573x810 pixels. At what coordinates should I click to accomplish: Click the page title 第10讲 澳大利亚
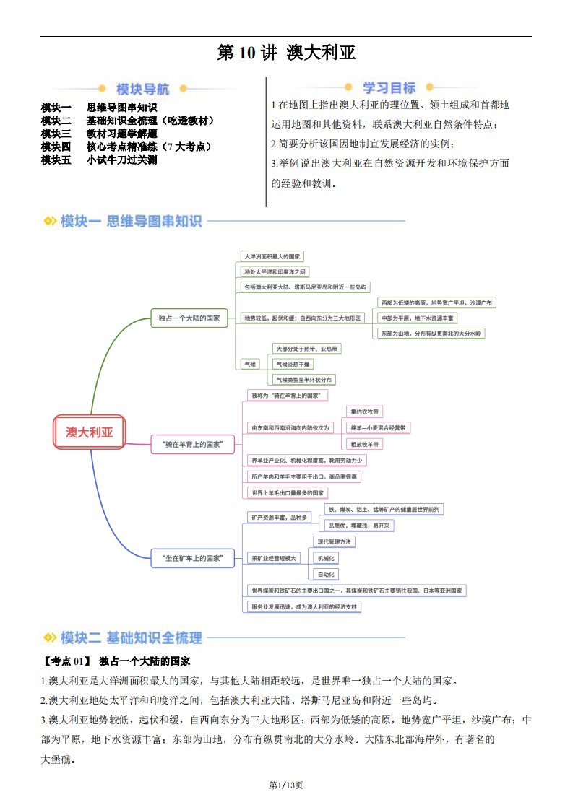[286, 54]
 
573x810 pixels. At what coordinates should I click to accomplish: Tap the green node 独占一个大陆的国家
[189, 318]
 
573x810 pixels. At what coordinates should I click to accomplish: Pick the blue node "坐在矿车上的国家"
[193, 558]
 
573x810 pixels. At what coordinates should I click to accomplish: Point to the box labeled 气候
[249, 364]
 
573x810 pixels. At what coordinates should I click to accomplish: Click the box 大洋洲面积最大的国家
[273, 256]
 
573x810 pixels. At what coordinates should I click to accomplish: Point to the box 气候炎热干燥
[293, 364]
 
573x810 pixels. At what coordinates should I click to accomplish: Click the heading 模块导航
[143, 90]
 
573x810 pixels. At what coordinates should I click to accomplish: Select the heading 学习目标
[389, 88]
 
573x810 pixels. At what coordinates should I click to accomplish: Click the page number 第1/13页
[286, 785]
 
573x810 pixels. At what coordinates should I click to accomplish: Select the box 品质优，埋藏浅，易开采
[358, 526]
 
